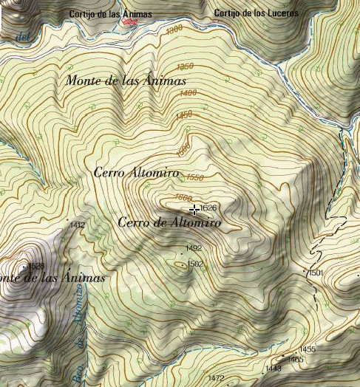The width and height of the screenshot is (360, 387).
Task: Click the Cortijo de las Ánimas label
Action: click(110, 13)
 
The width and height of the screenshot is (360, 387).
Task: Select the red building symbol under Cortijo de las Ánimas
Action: click(130, 22)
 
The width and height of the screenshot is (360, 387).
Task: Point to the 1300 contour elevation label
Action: click(174, 30)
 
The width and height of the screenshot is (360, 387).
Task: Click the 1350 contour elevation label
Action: click(185, 66)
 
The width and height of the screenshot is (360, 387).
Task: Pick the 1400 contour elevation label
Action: click(188, 93)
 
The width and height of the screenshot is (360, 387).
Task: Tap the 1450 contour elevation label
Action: click(184, 115)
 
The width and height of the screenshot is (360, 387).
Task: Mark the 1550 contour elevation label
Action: click(195, 178)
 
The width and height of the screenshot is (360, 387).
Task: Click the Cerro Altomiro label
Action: click(137, 172)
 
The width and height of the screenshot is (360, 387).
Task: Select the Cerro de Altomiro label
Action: click(169, 222)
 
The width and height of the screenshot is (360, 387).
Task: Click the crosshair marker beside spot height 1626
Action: click(194, 210)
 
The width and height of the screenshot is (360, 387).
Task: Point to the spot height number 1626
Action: click(208, 209)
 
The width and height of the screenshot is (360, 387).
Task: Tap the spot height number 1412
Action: click(77, 225)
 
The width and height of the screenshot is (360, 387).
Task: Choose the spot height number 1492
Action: click(194, 248)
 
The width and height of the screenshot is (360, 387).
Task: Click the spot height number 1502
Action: click(195, 264)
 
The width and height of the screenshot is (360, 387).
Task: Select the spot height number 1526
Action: click(36, 266)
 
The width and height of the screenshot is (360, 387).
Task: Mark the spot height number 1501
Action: click(316, 273)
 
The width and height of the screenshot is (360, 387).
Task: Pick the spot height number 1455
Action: click(308, 349)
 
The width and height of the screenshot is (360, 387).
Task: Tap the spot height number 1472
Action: click(216, 378)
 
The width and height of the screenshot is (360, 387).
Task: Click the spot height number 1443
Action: click(273, 368)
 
